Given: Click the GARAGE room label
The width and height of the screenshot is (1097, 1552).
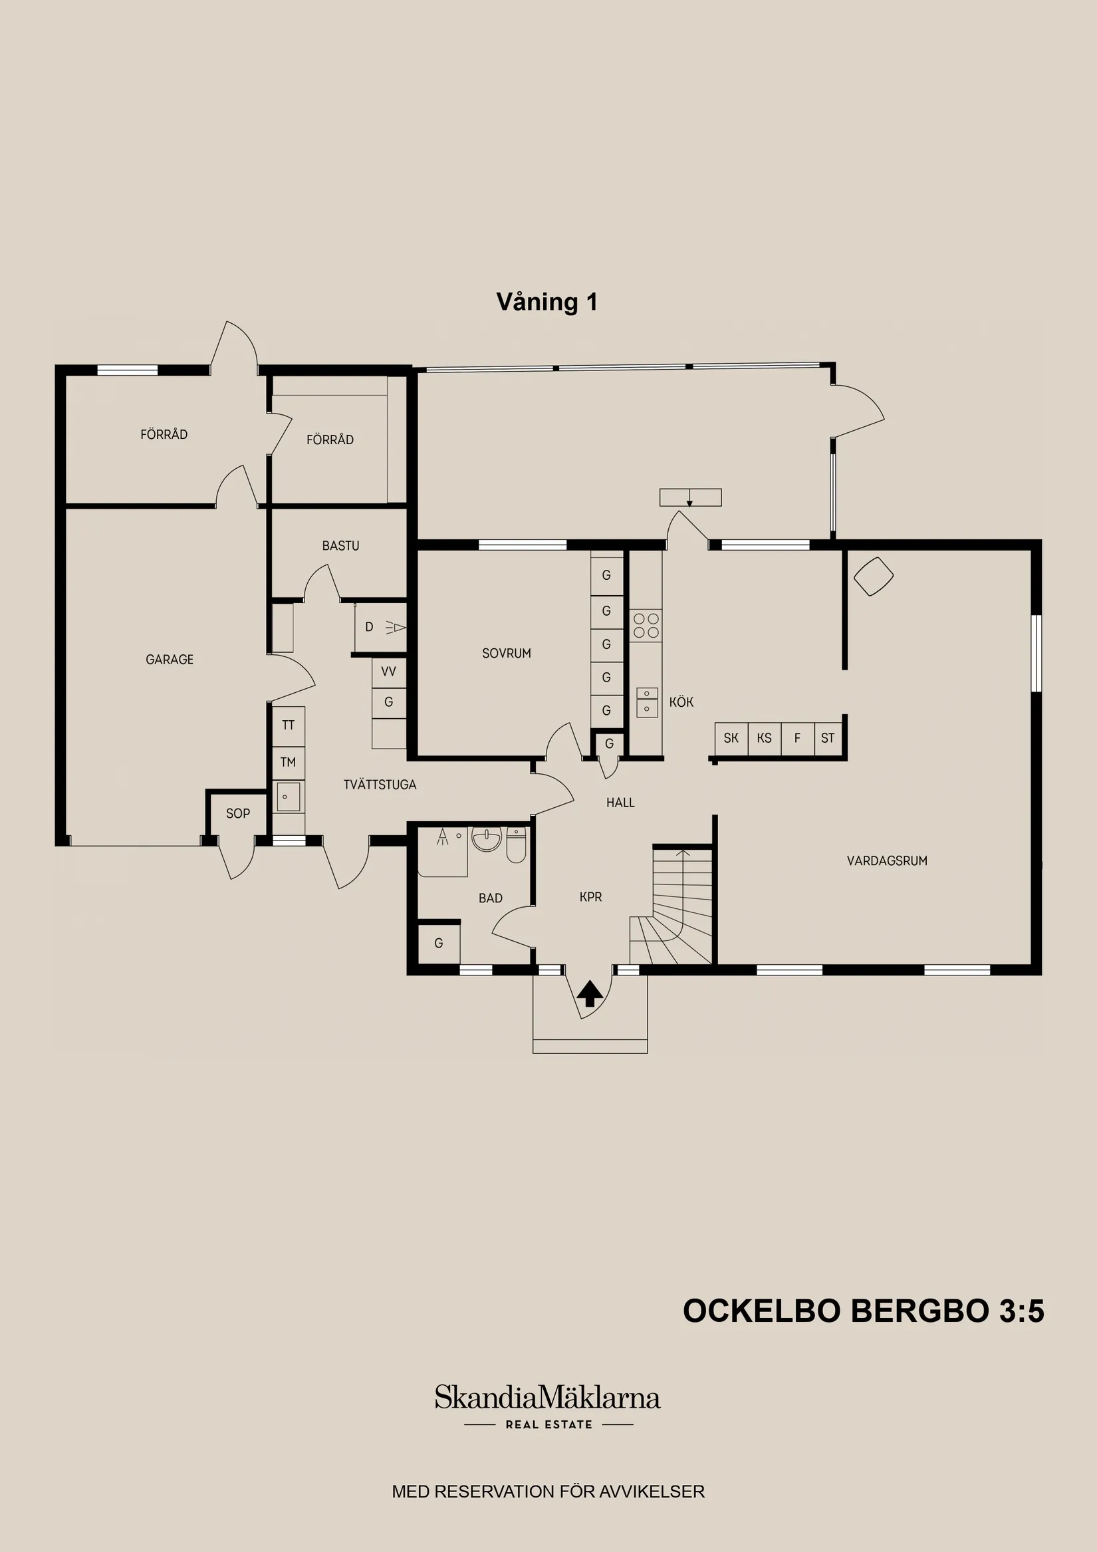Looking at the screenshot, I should click(x=169, y=659).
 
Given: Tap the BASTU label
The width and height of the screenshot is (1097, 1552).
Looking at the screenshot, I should click(x=340, y=545).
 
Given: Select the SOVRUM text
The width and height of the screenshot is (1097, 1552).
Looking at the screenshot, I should click(x=506, y=653).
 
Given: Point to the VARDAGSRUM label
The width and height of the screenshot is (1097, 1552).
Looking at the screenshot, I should click(x=887, y=860).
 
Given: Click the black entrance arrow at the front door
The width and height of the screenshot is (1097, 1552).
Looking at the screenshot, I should click(x=590, y=993).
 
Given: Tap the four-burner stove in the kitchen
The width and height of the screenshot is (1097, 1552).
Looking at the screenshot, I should click(x=646, y=626).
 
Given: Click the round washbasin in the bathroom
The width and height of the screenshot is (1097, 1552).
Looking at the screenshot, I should click(x=487, y=840).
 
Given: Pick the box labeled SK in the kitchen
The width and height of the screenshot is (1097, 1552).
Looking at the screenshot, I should click(x=731, y=738).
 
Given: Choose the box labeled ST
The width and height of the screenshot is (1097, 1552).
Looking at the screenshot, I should click(x=828, y=738).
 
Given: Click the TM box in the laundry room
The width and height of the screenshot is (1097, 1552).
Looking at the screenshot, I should click(x=288, y=763).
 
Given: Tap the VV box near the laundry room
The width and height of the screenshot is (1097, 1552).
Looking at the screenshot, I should click(x=389, y=672).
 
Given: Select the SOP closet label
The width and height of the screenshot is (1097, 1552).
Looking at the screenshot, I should click(x=238, y=814).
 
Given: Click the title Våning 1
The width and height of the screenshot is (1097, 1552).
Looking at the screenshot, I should click(x=547, y=301).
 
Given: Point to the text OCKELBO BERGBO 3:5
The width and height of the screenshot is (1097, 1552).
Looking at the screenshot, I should click(x=863, y=1311).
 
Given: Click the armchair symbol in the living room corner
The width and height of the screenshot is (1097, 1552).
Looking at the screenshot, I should click(x=873, y=576).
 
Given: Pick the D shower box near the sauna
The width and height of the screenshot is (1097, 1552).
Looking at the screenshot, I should click(x=380, y=627).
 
